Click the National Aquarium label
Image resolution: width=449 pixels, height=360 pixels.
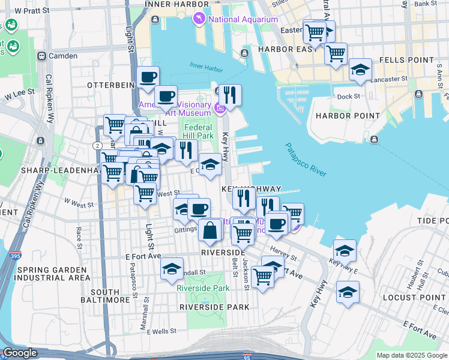tap(243, 19)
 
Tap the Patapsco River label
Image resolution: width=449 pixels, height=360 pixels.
tap(306, 160)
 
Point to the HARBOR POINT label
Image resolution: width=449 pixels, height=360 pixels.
tap(348, 115)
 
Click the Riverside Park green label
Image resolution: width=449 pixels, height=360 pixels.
tap(203, 288)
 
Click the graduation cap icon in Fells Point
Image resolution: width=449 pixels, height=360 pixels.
tap(360, 70)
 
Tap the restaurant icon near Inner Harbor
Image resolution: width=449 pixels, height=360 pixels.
tap(229, 95)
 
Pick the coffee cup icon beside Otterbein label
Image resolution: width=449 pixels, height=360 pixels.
tap(148, 77)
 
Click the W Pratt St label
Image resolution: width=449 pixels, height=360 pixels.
tap(31, 11)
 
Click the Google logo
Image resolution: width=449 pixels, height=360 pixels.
tap(20, 353)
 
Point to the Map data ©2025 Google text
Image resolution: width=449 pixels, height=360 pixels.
tap(412, 355)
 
